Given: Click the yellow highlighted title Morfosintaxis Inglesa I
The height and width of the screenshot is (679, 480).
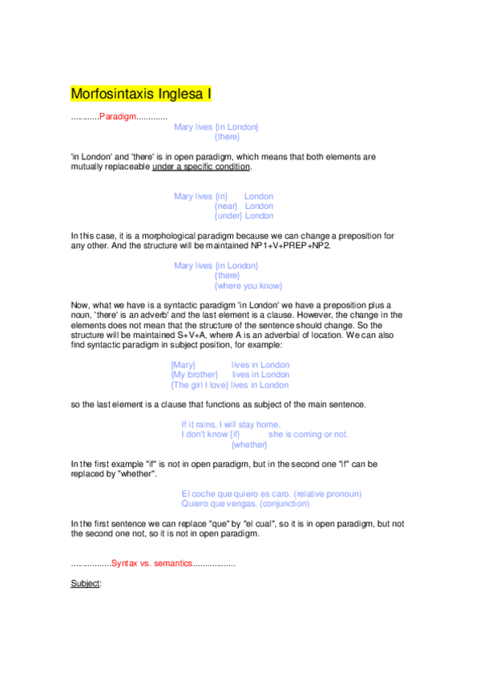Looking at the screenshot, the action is click(141, 94).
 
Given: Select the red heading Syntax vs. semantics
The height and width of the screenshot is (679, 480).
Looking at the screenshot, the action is click(151, 564).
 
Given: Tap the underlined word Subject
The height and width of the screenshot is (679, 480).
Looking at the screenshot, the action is click(85, 584).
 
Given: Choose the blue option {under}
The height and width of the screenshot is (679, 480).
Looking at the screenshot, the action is click(228, 215).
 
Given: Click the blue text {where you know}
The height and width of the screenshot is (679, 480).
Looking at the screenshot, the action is click(248, 286).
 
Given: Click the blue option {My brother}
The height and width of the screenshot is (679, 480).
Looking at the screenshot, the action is click(195, 375).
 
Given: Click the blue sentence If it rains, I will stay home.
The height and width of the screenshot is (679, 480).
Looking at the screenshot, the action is click(231, 424).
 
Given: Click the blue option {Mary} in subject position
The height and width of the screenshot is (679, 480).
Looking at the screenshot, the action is click(184, 365).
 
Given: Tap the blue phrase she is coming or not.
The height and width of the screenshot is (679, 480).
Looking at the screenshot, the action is click(309, 434).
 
